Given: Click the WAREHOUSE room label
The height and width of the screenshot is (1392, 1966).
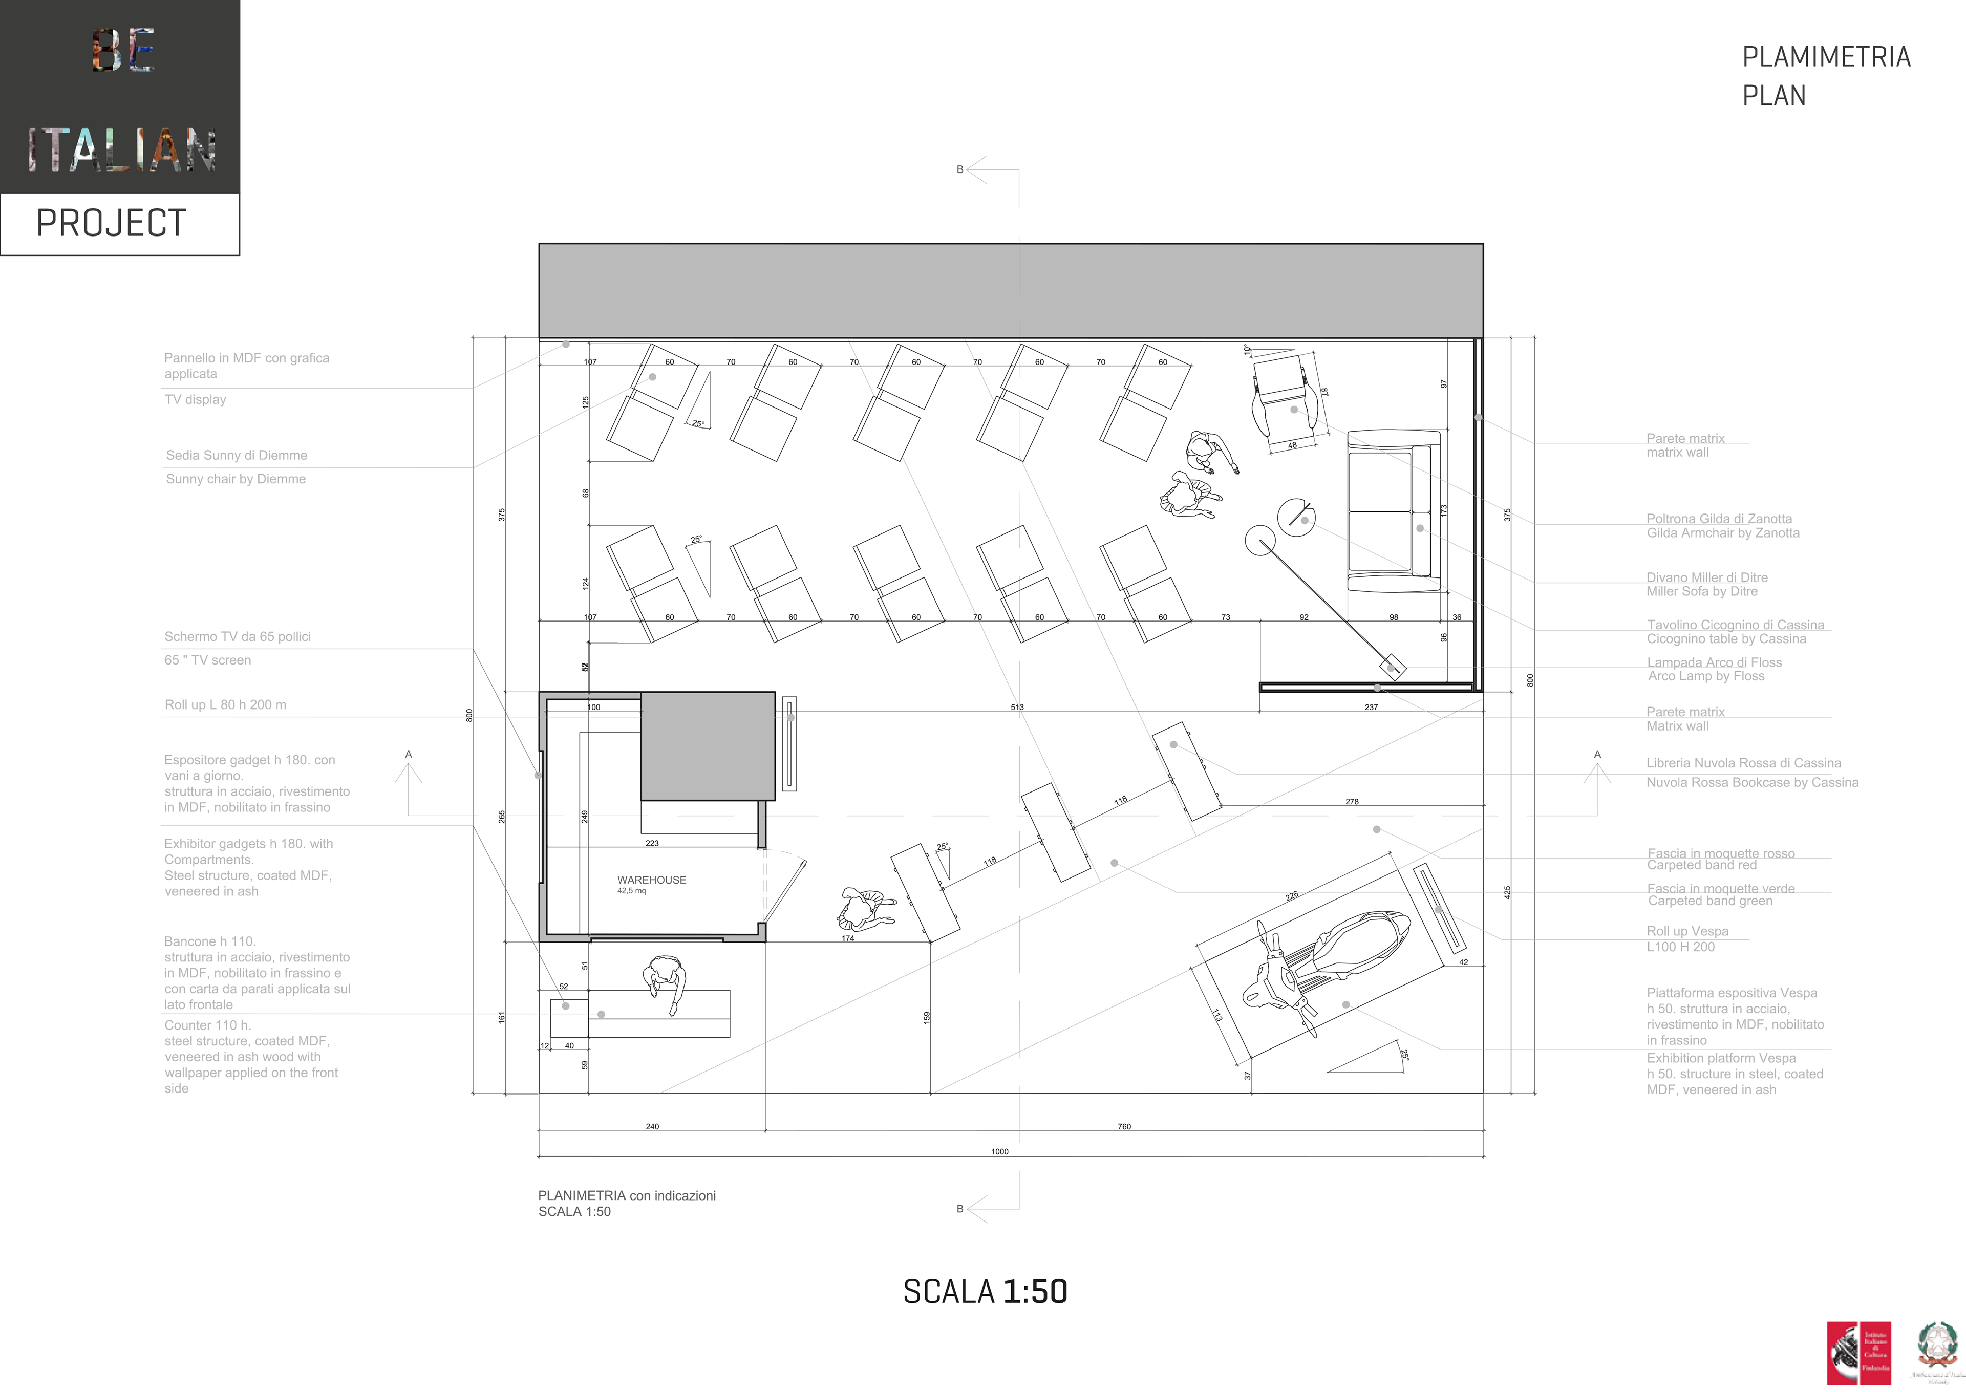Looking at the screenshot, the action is [x=651, y=880].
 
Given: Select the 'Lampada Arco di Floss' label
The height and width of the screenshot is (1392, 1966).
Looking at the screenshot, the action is [x=1714, y=662].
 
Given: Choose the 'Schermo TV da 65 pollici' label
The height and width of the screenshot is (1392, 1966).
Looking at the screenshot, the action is [x=238, y=637].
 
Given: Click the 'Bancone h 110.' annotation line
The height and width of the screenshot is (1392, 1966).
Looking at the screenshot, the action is [x=210, y=941].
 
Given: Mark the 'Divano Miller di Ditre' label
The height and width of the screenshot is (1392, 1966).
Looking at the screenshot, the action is [x=1706, y=577].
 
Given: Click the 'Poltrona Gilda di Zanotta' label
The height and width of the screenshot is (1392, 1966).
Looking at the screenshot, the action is [x=1718, y=519].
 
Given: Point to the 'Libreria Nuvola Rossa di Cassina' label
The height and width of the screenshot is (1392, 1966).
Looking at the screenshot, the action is [x=1743, y=763].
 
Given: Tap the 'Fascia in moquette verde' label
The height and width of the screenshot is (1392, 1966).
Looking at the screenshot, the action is [x=1721, y=888].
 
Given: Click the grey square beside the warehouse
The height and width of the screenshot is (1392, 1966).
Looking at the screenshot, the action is [x=708, y=746].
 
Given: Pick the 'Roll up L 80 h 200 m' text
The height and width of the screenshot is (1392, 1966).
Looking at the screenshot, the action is [x=225, y=704].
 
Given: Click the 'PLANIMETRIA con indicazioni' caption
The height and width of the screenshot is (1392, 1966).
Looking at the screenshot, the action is [x=627, y=1196].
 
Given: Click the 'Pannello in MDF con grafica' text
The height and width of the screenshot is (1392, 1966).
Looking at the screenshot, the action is [x=247, y=358].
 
